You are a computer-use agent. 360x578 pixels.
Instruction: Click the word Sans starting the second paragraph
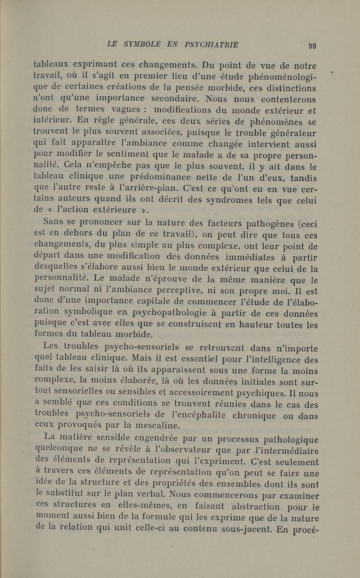coord(54,222)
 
